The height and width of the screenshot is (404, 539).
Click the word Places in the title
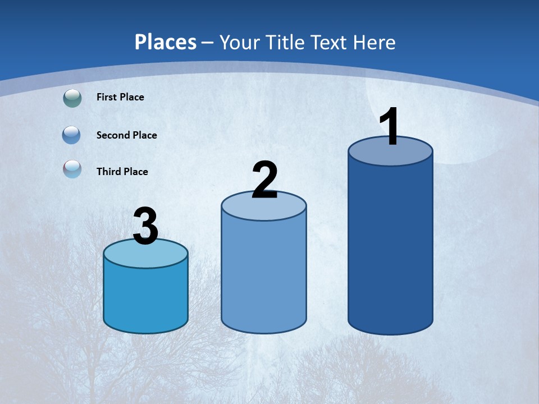tap(166, 42)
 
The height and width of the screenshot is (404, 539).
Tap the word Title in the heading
tap(285, 42)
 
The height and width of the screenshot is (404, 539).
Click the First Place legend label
tap(120, 97)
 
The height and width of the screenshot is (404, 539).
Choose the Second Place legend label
tap(126, 135)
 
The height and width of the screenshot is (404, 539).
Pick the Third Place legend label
tap(122, 172)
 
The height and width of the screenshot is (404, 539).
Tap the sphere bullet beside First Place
tap(72, 98)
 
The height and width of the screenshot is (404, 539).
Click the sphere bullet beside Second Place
tap(71, 135)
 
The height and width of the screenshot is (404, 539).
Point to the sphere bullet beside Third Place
tap(72, 169)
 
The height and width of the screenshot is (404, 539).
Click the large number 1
tap(389, 127)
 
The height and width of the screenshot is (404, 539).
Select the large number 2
tap(264, 180)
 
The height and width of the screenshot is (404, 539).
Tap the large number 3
tap(145, 227)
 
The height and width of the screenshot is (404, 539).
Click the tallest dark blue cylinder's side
tap(390, 247)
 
